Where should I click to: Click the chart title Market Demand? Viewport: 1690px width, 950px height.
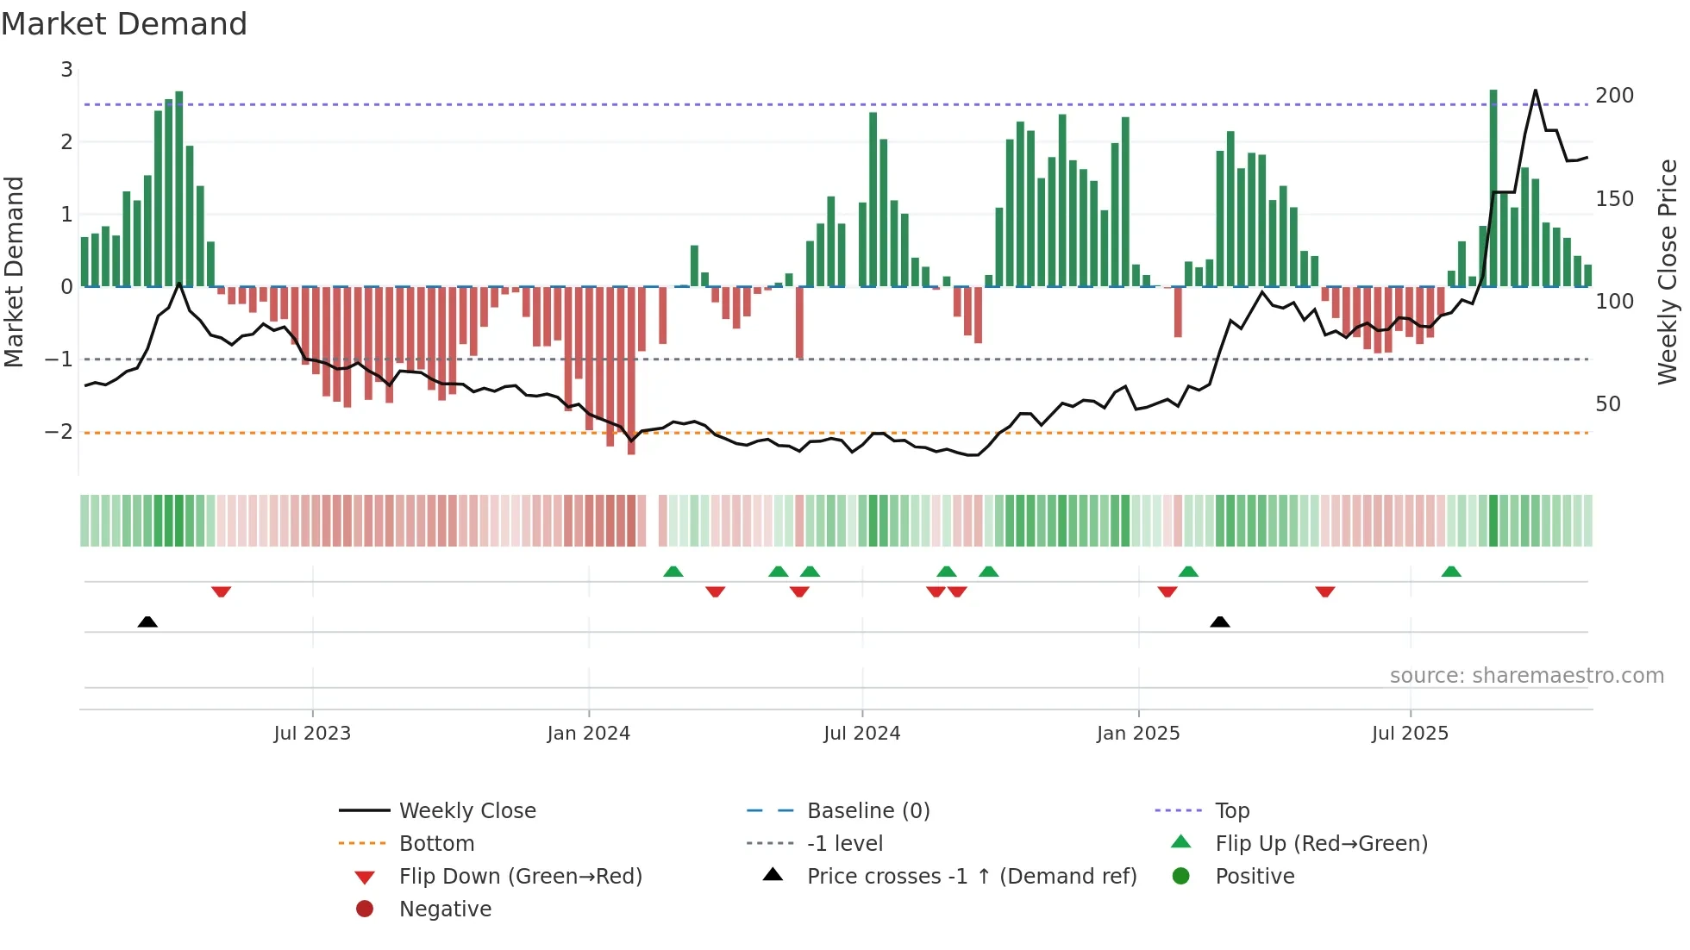pyautogui.click(x=124, y=24)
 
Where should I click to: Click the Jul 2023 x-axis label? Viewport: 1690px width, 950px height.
pyautogui.click(x=312, y=734)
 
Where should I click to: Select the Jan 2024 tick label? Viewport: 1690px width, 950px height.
pyautogui.click(x=589, y=734)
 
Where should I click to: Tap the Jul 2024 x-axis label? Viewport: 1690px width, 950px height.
pyautogui.click(x=861, y=734)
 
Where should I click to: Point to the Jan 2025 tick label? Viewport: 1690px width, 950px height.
pyautogui.click(x=1138, y=734)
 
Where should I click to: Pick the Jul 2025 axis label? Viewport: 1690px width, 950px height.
pyautogui.click(x=1410, y=734)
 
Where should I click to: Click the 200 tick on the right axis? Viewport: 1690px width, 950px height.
pyautogui.click(x=1614, y=96)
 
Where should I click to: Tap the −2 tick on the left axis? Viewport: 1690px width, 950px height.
pyautogui.click(x=59, y=432)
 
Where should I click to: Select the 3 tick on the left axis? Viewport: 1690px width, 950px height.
pyautogui.click(x=66, y=70)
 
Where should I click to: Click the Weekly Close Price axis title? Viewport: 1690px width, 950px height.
pyautogui.click(x=1668, y=272)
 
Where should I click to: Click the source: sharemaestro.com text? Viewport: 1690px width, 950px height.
pyautogui.click(x=1526, y=676)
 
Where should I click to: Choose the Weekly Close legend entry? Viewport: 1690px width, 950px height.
pyautogui.click(x=466, y=811)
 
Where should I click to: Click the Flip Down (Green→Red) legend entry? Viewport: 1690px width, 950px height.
pyautogui.click(x=520, y=877)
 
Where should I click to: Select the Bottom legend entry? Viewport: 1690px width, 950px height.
pyautogui.click(x=436, y=844)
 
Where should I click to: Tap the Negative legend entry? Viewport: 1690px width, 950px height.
pyautogui.click(x=445, y=909)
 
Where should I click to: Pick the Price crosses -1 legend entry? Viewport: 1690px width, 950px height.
pyautogui.click(x=971, y=877)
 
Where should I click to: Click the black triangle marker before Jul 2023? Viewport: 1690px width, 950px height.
pyautogui.click(x=147, y=622)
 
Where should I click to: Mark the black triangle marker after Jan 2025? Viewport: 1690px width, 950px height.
pyautogui.click(x=1220, y=622)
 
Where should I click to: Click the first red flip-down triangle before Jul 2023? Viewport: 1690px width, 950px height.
pyautogui.click(x=221, y=591)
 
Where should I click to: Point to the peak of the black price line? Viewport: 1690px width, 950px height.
pyautogui.click(x=1535, y=91)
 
